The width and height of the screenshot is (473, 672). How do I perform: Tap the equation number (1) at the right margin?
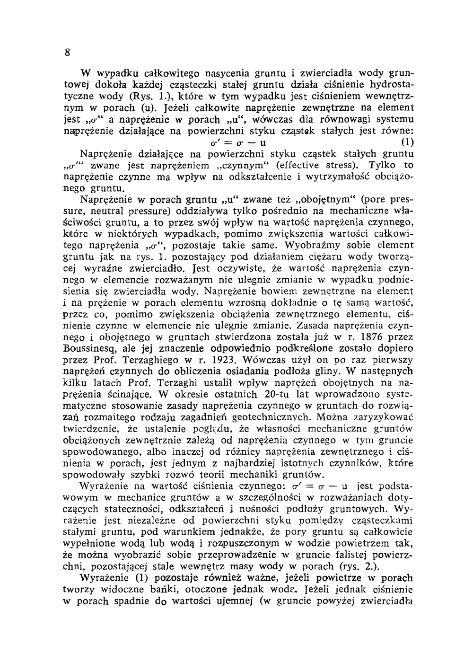click(x=407, y=142)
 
